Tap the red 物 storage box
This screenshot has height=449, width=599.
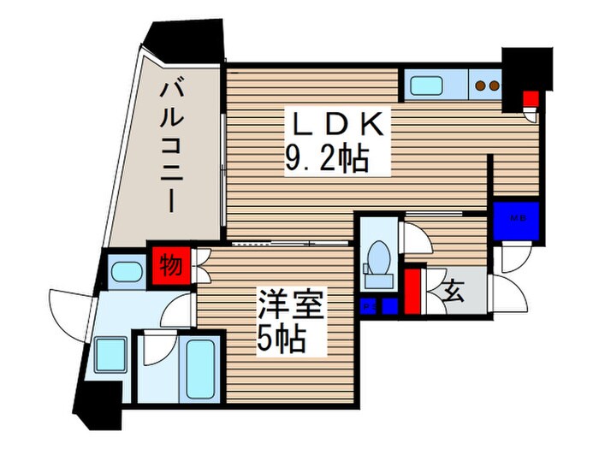(x=171, y=265)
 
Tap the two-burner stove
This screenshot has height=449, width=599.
(x=486, y=85)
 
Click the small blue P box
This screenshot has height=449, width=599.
(x=368, y=306)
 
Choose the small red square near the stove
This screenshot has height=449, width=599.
(x=530, y=96)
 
